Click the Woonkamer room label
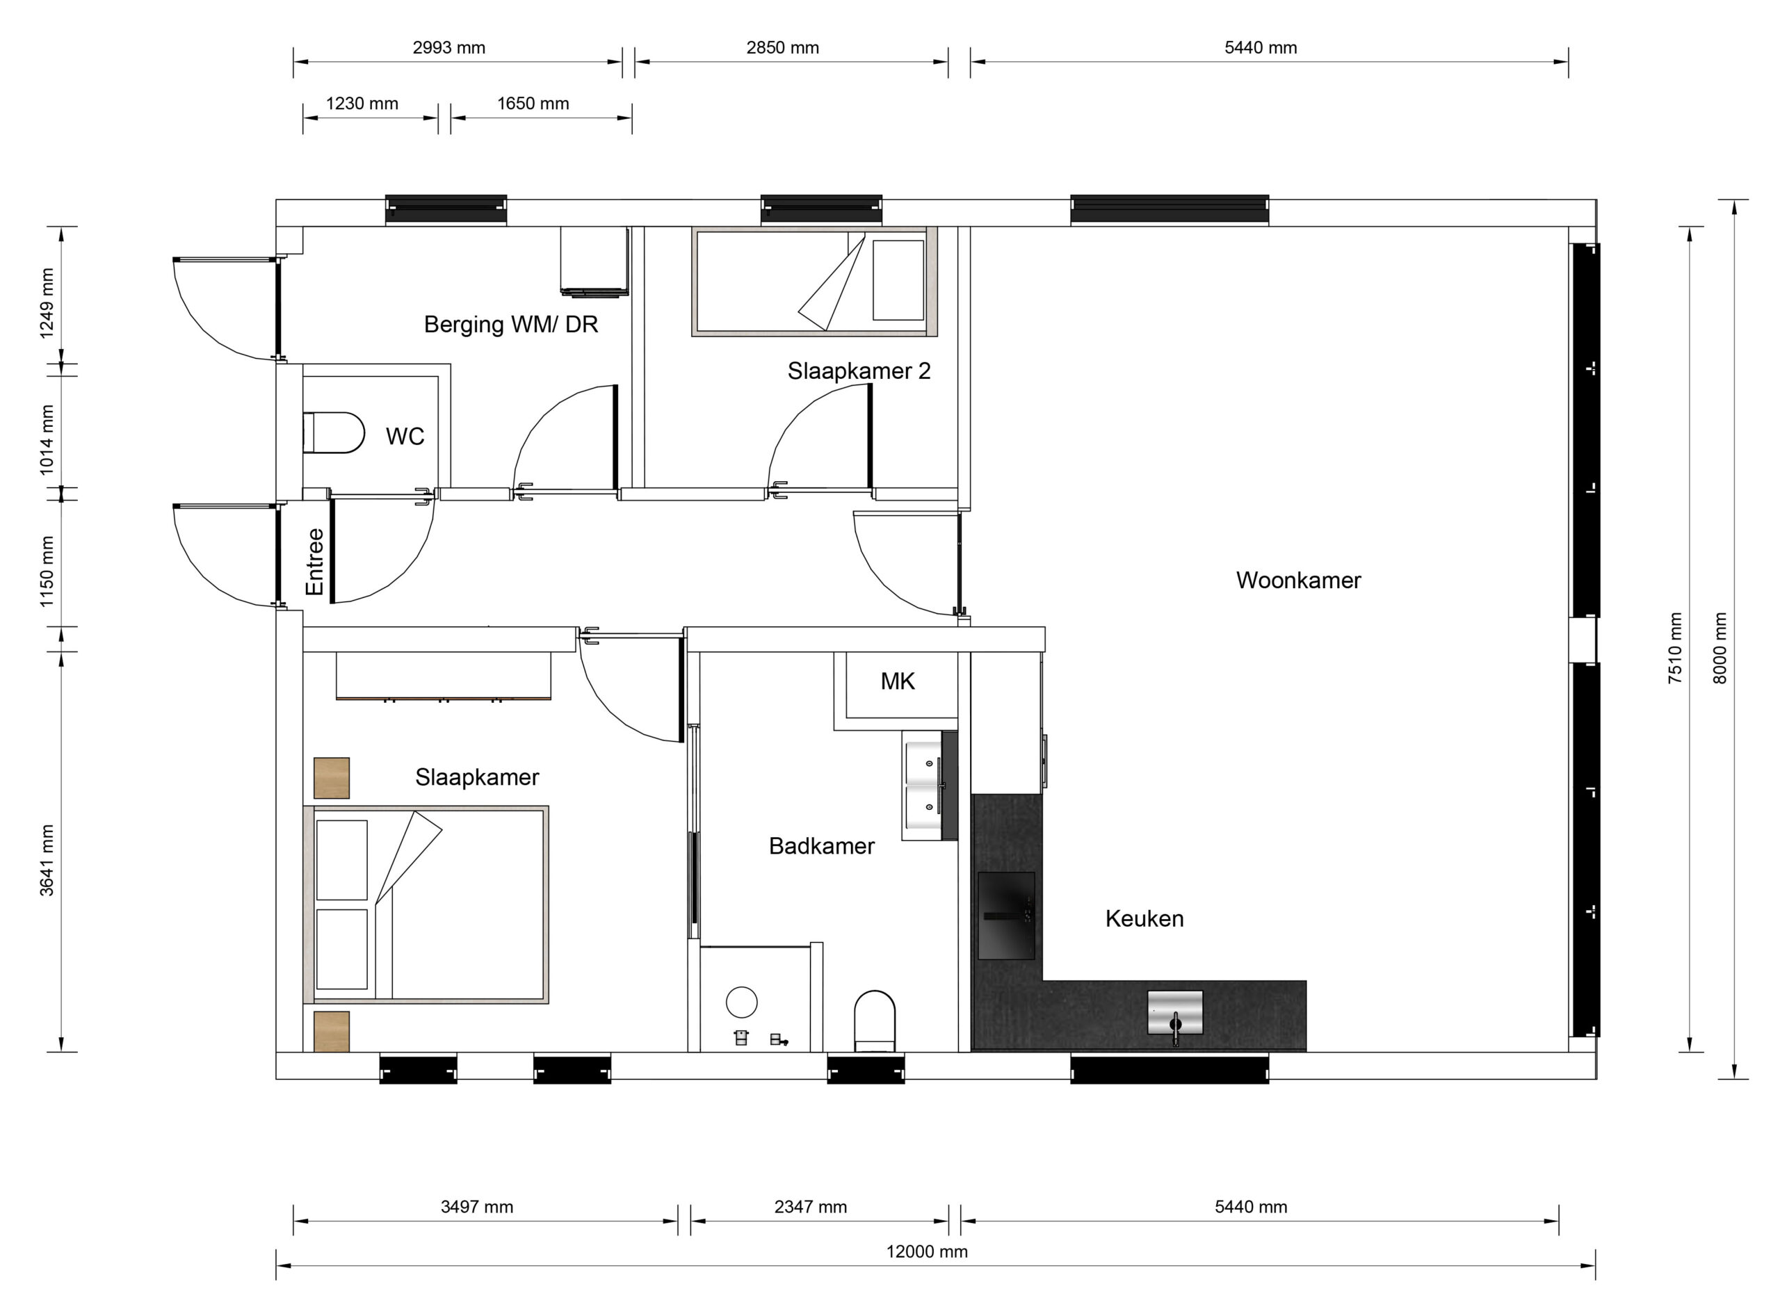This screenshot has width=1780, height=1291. click(x=1298, y=580)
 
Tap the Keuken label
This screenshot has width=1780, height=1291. click(x=1144, y=919)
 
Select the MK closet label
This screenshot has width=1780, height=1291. click(x=897, y=681)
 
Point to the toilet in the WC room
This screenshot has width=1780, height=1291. click(x=334, y=432)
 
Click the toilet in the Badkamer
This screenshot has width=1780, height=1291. click(x=874, y=1021)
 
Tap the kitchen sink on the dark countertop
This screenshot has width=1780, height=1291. click(x=1175, y=1013)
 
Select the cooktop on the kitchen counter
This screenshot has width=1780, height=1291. click(x=1006, y=916)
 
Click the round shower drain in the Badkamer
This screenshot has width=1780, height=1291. click(x=742, y=1002)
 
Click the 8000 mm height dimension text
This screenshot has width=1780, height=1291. click(x=1720, y=648)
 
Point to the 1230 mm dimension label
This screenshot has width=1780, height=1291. click(x=362, y=104)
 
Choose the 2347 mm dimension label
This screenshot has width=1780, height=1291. click(x=811, y=1207)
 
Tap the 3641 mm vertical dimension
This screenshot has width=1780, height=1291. click(x=47, y=860)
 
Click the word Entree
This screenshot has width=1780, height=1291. click(x=315, y=562)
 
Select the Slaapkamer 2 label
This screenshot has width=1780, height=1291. click(x=859, y=371)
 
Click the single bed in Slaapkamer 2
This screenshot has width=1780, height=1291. click(x=815, y=282)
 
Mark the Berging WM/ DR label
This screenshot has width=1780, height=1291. click(x=511, y=324)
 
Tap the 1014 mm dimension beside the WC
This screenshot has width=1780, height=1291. click(x=47, y=439)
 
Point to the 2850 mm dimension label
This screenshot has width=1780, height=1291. click(x=782, y=48)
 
